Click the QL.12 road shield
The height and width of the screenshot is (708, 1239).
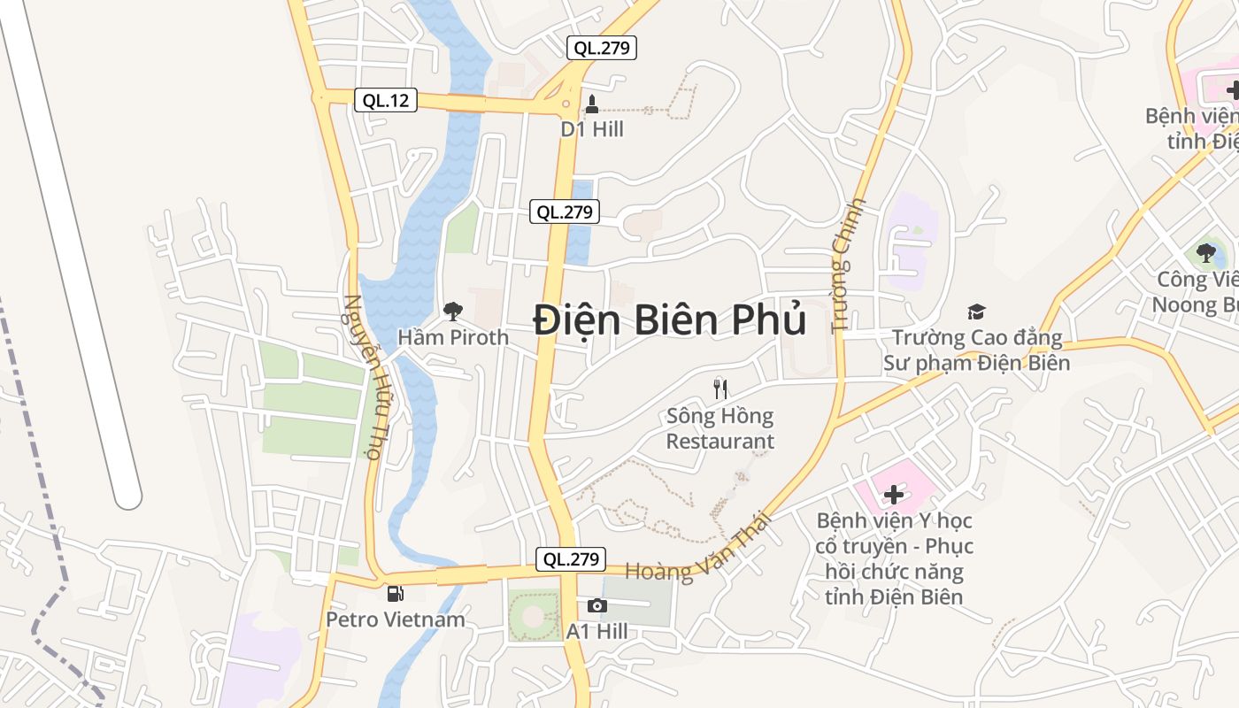pos(386,100)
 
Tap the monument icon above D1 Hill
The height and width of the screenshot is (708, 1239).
pos(592,104)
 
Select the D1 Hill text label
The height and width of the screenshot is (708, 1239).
pos(592,129)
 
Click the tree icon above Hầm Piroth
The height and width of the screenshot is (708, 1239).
pos(452,312)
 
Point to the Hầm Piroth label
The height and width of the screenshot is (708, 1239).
pos(453,337)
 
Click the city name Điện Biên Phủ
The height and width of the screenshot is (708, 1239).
pos(670,319)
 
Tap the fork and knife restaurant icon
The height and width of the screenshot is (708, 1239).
pos(720,389)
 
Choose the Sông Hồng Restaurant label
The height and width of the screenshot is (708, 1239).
pos(720,428)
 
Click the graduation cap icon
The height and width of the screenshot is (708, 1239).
pos(976,312)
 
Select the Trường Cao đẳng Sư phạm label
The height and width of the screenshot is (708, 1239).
pos(976,350)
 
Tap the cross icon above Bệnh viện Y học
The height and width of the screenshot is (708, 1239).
pos(894,494)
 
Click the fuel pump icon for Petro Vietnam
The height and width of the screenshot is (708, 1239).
pos(395,594)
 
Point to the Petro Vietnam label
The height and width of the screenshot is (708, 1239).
pos(396,619)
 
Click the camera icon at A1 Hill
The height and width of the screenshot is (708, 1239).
pos(597,606)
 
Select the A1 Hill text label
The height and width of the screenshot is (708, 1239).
pos(597,631)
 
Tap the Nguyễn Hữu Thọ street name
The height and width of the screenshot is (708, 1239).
pos(363,378)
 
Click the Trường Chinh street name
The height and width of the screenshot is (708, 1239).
pos(847,265)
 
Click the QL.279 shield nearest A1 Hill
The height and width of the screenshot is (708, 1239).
pos(572,559)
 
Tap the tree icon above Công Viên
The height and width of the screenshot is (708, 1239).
pos(1205,254)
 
